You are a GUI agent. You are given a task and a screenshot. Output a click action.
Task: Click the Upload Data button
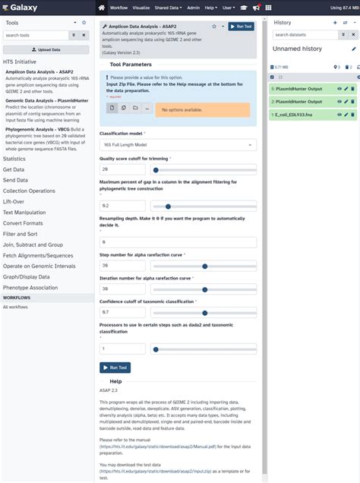46,49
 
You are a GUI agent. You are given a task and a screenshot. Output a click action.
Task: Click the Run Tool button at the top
241,26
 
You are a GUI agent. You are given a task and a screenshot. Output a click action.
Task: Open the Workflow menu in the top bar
118,7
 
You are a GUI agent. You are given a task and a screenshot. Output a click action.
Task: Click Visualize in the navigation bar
142,7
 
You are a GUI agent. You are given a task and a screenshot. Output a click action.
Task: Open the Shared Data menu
172,7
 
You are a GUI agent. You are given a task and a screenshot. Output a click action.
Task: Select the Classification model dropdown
178,144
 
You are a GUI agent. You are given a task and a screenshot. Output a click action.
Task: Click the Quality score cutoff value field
122,169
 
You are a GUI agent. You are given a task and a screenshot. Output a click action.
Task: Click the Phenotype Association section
30,288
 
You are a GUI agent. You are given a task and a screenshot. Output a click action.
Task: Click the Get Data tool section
14,169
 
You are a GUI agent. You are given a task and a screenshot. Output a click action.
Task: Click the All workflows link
15,307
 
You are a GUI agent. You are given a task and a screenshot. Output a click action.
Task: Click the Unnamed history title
297,49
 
